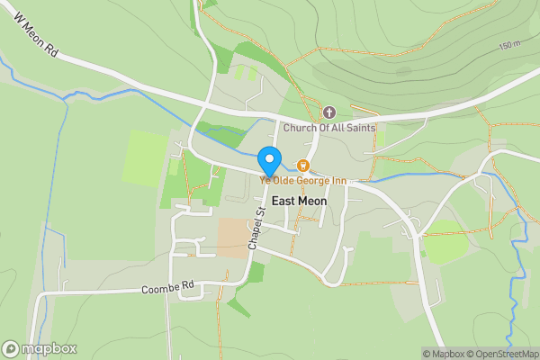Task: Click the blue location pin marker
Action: point(269,160)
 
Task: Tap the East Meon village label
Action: point(299,202)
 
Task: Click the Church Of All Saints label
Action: point(328,128)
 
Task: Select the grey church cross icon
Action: point(328,112)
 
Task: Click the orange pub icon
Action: point(303,166)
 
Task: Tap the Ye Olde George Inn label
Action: point(303,181)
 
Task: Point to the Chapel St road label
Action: point(256,229)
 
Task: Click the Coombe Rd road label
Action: point(168,288)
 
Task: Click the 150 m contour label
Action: point(509,45)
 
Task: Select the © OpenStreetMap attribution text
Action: point(502,354)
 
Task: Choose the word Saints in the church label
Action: point(359,128)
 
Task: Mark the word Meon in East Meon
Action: point(311,202)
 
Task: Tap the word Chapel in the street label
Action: point(254,236)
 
